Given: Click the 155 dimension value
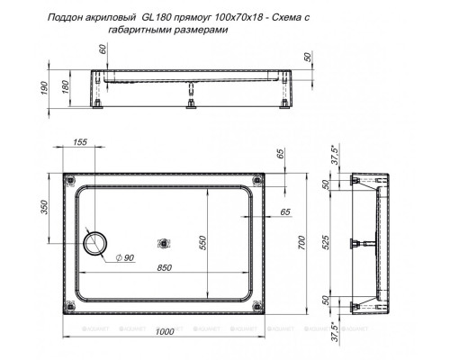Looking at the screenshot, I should click(79, 142).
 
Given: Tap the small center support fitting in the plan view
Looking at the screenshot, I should click(163, 243).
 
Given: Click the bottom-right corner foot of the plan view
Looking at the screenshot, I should click(261, 306).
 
